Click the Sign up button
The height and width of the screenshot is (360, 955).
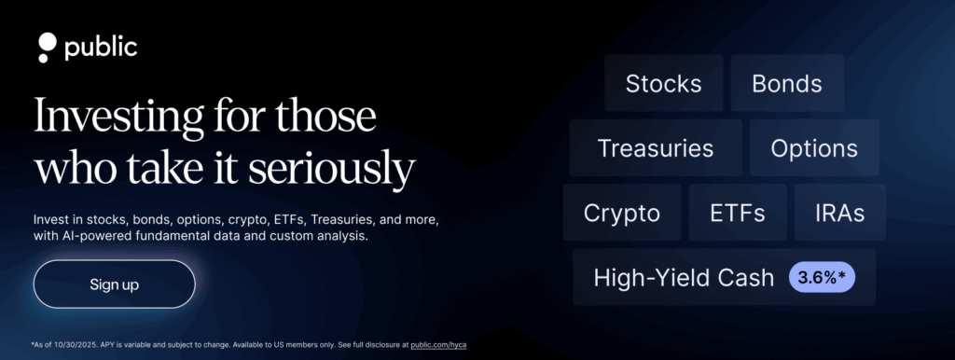(x=115, y=284)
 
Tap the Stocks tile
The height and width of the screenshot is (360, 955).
(x=663, y=83)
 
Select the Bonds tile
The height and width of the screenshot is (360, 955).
(x=787, y=83)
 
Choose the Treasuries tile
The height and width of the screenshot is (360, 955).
(x=656, y=148)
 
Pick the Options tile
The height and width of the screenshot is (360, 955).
(x=814, y=148)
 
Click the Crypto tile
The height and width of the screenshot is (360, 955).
(x=622, y=213)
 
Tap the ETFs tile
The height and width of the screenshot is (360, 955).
(x=738, y=213)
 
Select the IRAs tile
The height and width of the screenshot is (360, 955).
(x=840, y=213)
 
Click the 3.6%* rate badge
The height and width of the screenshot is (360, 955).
(x=823, y=278)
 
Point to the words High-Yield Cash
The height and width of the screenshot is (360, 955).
(x=684, y=278)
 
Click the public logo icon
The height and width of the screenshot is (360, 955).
(x=47, y=48)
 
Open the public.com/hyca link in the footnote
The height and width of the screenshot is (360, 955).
(x=438, y=345)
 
